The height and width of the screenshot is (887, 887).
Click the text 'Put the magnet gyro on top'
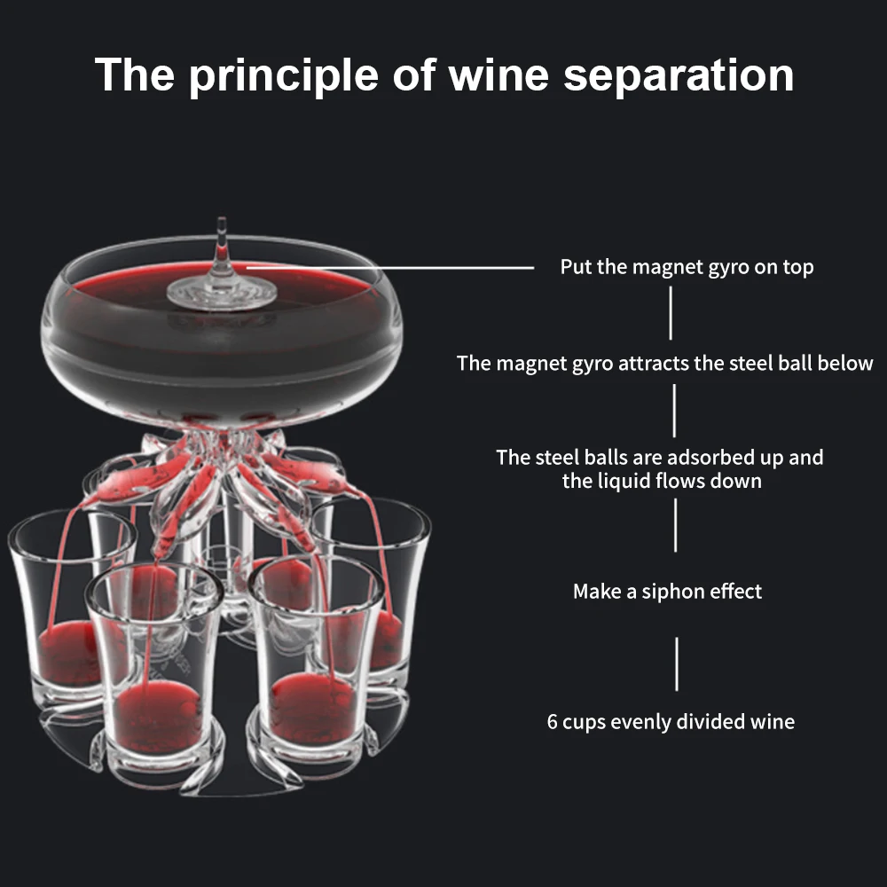click(687, 266)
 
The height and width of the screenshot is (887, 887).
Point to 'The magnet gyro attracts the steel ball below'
click(665, 363)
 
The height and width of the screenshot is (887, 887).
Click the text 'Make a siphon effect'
click(667, 592)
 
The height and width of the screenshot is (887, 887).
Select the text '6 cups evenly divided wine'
click(671, 721)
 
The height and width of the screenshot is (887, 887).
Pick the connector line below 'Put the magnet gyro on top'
click(671, 312)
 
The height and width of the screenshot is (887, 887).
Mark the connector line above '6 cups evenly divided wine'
click(677, 663)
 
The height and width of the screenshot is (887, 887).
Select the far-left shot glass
click(62, 612)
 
